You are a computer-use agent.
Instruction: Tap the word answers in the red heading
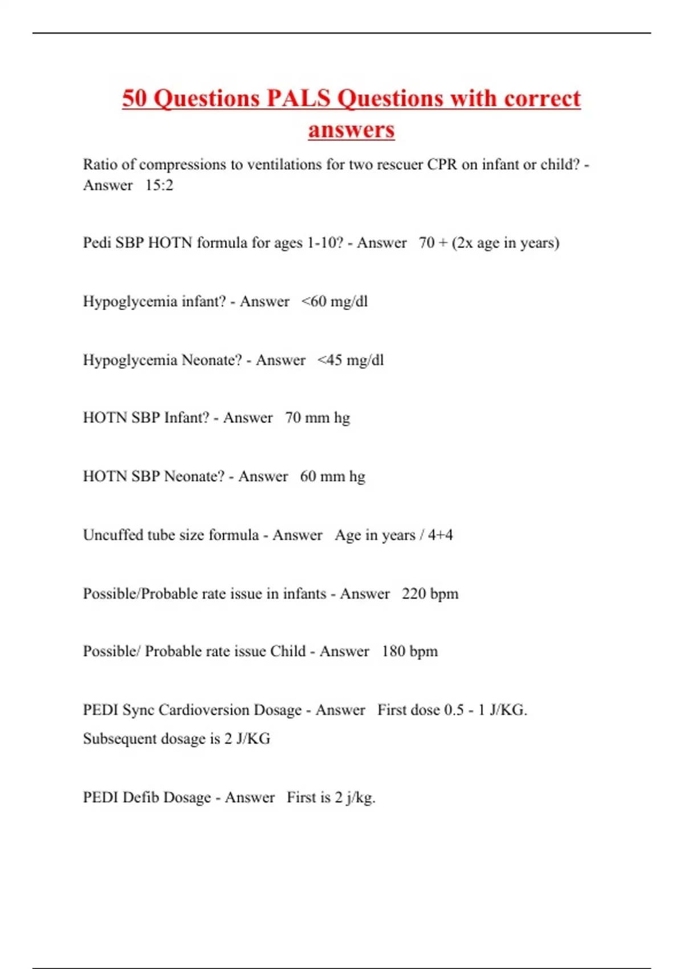pos(351,129)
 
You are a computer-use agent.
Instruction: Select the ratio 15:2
pos(159,185)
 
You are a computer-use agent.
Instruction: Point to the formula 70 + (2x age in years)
pos(489,243)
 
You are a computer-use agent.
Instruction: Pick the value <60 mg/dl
pos(335,302)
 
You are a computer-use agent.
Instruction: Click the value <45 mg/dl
pos(351,360)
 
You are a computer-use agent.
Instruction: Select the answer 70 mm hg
pos(317,418)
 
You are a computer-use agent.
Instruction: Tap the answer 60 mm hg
pos(332,477)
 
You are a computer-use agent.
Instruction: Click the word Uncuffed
pos(113,535)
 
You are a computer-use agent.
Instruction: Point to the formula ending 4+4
pos(440,535)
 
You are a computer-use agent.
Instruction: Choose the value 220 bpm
pos(430,594)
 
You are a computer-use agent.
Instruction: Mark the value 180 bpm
pos(410,652)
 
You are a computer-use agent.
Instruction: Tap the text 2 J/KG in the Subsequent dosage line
pos(247,739)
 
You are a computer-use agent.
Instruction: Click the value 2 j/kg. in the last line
pos(355,797)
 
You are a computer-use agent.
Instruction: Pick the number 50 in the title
pos(135,98)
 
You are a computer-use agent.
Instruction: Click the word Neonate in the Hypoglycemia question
pos(211,360)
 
